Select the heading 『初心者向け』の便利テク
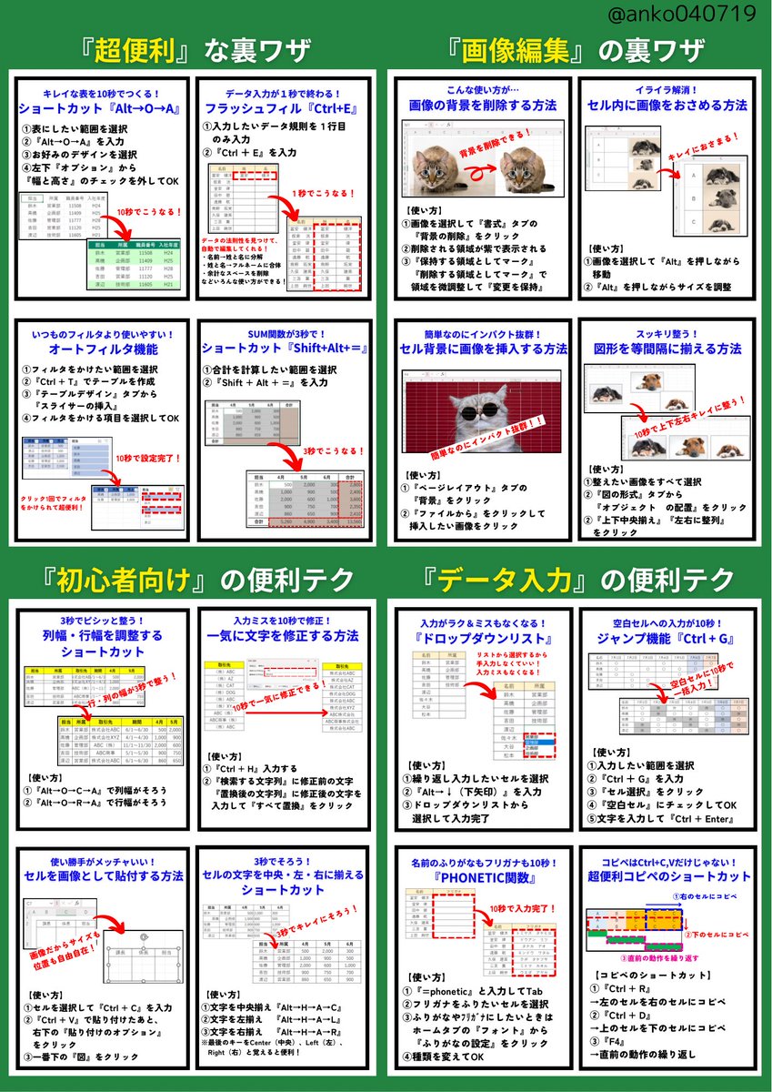pos(193,580)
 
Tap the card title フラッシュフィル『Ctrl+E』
pos(285,109)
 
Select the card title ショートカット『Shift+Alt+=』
pos(285,349)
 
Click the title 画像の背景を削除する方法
pos(482,106)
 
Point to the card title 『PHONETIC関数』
pos(482,880)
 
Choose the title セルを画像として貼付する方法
pos(103,877)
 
